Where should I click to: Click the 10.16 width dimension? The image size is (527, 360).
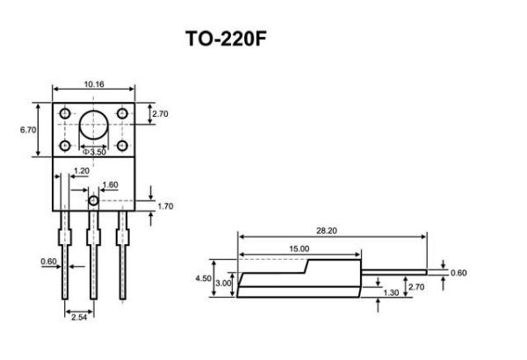pyautogui.click(x=94, y=84)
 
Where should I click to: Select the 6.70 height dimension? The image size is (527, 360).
pyautogui.click(x=27, y=130)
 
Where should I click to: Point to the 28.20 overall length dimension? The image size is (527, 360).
pyautogui.click(x=327, y=230)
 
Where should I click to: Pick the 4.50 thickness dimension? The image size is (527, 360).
pyautogui.click(x=202, y=278)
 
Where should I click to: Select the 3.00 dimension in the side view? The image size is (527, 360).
pyautogui.click(x=224, y=283)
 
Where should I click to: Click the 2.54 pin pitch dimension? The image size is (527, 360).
pyautogui.click(x=78, y=316)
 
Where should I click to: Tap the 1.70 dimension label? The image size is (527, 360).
pyautogui.click(x=165, y=206)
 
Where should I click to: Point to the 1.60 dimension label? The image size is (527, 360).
pyautogui.click(x=110, y=185)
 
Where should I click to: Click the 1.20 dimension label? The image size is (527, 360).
pyautogui.click(x=81, y=170)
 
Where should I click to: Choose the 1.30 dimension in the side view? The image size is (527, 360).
pyautogui.click(x=393, y=292)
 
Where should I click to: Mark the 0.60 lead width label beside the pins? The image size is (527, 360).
pyautogui.click(x=48, y=261)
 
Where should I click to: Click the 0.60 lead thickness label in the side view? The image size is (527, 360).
pyautogui.click(x=458, y=272)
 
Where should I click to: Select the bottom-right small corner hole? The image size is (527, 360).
pyautogui.click(x=122, y=144)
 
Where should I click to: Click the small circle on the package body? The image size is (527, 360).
pyautogui.click(x=92, y=200)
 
